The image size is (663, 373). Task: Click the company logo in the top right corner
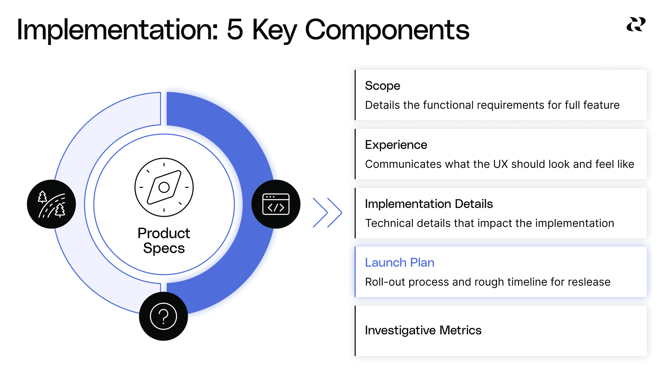pos(636,24)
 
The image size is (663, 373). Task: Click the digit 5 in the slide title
pos(235,30)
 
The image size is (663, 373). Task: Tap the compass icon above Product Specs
pos(164,187)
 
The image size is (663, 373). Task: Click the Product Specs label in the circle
pos(164,240)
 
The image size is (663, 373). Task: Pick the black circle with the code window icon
pos(276,204)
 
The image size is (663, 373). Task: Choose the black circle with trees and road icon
pos(51,204)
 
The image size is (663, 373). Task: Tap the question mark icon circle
pos(163,316)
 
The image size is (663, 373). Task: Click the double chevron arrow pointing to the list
pos(327,212)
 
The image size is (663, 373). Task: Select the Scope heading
pos(382,86)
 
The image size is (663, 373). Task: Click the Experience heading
pos(396,145)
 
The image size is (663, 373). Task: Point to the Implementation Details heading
pos(429,204)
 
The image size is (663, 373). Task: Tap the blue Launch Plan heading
pos(399,263)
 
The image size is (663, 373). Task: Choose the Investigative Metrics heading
pos(423,330)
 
